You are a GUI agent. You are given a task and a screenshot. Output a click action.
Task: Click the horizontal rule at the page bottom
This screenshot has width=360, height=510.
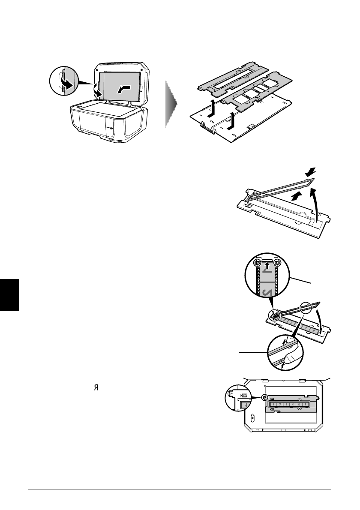(180, 489)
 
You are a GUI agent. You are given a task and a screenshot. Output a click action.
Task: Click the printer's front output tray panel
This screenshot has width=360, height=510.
(90, 124)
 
